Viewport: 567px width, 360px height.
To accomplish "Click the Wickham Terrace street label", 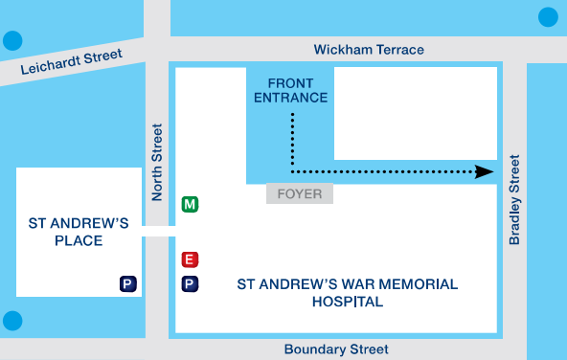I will pyautogui.click(x=369, y=50).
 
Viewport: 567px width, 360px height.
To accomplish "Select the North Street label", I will pyautogui.click(x=158, y=162).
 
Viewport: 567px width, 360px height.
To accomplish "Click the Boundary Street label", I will pyautogui.click(x=336, y=349).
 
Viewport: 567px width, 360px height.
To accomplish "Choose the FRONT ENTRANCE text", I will pyautogui.click(x=291, y=90).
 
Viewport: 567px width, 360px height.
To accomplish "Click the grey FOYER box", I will pyautogui.click(x=300, y=193).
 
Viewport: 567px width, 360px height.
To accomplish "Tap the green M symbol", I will pyautogui.click(x=190, y=204).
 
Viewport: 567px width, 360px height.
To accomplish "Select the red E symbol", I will pyautogui.click(x=190, y=259).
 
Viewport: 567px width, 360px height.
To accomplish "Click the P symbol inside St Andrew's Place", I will pyautogui.click(x=127, y=283).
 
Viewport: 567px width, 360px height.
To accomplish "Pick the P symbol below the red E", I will pyautogui.click(x=190, y=283).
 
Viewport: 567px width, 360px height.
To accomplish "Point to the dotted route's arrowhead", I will pyautogui.click(x=485, y=171).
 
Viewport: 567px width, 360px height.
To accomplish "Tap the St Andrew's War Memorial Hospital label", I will pyautogui.click(x=347, y=292).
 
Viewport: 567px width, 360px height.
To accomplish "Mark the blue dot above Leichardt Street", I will pyautogui.click(x=12, y=41).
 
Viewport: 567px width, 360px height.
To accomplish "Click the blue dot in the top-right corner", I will pyautogui.click(x=548, y=16).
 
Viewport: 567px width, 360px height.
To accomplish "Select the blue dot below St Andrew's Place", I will pyautogui.click(x=12, y=321).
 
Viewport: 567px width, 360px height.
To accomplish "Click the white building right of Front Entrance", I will pyautogui.click(x=415, y=112).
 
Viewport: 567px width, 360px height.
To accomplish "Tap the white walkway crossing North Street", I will pyautogui.click(x=158, y=231).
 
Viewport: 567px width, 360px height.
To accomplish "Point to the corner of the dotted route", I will pyautogui.click(x=292, y=171).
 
